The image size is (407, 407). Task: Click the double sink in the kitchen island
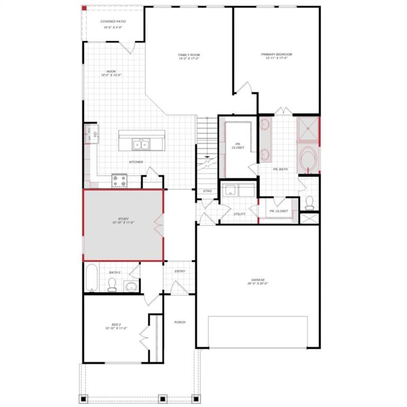click(x=141, y=144)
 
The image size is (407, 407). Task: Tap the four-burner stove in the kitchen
click(x=120, y=181)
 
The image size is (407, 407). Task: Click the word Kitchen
click(x=136, y=162)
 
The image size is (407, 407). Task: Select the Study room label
click(x=123, y=220)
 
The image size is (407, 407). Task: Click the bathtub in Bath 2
click(x=91, y=277)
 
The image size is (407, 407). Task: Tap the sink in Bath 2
click(x=131, y=287)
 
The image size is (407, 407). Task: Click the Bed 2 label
click(x=116, y=326)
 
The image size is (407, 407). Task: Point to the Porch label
click(x=180, y=322)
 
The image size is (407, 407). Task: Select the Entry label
click(x=180, y=271)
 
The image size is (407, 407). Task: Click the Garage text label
click(x=258, y=281)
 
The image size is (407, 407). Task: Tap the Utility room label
click(x=240, y=214)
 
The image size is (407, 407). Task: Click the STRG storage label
click(x=207, y=191)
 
